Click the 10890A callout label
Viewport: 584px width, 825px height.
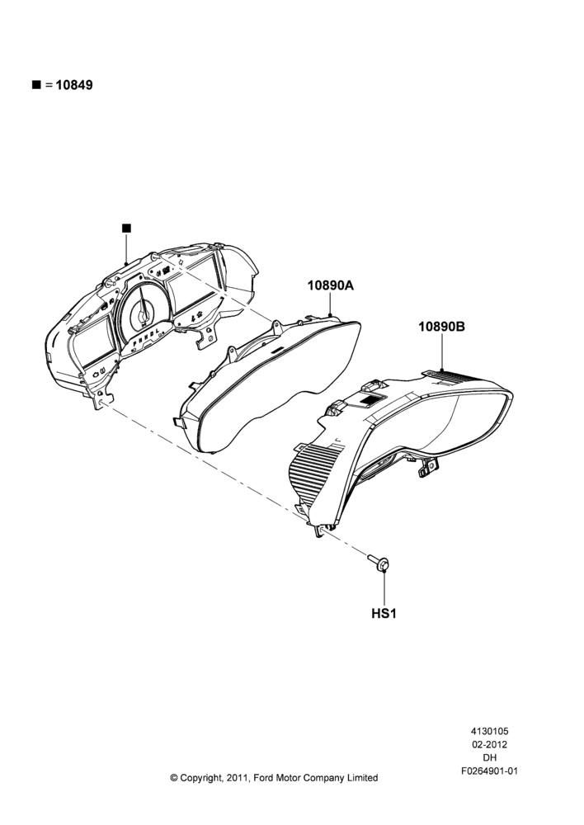click(331, 285)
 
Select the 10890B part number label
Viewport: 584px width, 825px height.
click(441, 327)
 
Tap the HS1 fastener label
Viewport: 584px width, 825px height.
click(384, 614)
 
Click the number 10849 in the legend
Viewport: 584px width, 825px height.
click(74, 85)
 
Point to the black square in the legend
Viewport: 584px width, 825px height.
click(36, 85)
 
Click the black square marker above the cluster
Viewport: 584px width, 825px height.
click(126, 228)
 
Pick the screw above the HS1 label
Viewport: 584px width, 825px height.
click(379, 562)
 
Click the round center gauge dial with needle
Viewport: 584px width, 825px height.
click(143, 309)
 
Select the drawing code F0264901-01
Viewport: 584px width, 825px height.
click(489, 771)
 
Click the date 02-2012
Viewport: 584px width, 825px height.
click(489, 744)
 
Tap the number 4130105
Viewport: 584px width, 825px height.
click(489, 731)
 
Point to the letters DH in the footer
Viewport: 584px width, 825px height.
click(489, 758)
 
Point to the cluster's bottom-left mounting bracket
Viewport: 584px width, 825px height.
click(103, 398)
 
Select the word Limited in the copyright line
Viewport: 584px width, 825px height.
click(361, 778)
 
